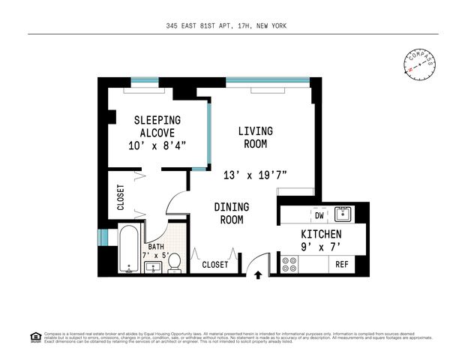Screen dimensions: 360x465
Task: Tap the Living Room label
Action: [x=255, y=137]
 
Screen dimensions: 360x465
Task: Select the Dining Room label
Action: [x=232, y=213]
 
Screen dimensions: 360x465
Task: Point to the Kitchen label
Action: [x=321, y=235]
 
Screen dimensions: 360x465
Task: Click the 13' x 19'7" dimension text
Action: [x=255, y=175]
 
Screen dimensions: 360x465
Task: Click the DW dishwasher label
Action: [x=319, y=214]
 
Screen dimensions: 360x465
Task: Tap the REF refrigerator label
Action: [x=342, y=265]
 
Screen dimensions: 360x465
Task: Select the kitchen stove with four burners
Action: [x=289, y=265]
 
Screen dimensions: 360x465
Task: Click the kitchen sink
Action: [x=343, y=214]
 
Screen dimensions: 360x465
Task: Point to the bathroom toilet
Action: [x=174, y=262]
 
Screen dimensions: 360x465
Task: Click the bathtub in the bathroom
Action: [x=130, y=250]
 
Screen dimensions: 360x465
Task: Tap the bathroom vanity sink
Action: [x=154, y=267]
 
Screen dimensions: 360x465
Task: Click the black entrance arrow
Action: [x=258, y=275]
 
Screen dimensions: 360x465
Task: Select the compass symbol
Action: [x=420, y=63]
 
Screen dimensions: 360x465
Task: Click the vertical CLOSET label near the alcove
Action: [x=121, y=197]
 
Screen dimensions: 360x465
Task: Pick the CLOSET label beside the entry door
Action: [x=215, y=265]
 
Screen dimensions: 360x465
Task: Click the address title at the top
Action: [x=226, y=25]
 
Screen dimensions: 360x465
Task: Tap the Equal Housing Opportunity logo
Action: [x=34, y=335]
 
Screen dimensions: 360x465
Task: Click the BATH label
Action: [x=155, y=246]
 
